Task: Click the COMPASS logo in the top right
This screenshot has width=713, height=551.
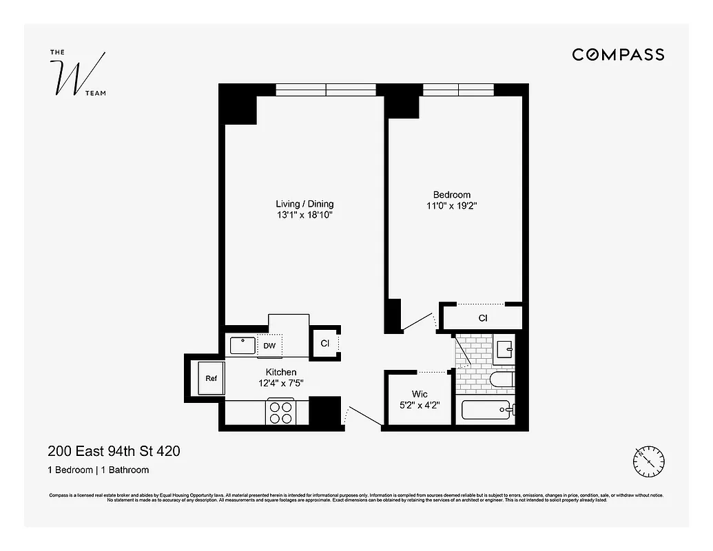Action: click(x=618, y=54)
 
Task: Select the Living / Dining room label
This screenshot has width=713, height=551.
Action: click(x=304, y=204)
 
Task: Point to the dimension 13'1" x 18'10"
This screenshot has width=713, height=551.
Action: click(x=304, y=216)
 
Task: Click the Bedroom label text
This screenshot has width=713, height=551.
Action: click(x=452, y=195)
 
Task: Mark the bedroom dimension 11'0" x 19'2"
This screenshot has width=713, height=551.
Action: click(x=452, y=206)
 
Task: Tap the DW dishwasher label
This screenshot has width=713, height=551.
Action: click(x=269, y=346)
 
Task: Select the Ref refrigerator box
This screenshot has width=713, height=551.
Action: click(x=210, y=379)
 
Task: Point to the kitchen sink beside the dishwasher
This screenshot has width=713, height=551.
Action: click(x=242, y=344)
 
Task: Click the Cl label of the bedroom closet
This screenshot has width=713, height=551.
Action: click(x=483, y=318)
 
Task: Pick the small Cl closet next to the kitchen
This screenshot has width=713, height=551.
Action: click(x=325, y=343)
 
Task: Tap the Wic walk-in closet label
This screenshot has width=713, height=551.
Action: click(x=420, y=394)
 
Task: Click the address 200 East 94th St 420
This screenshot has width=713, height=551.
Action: click(x=114, y=452)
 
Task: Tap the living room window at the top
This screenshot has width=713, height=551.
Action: click(x=326, y=90)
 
